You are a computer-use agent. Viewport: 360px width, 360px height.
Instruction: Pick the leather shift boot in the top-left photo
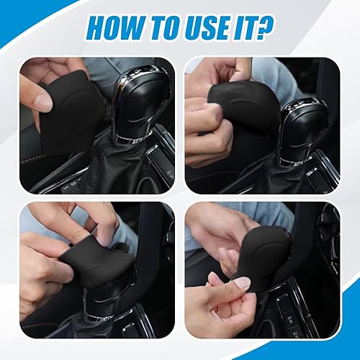122,169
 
